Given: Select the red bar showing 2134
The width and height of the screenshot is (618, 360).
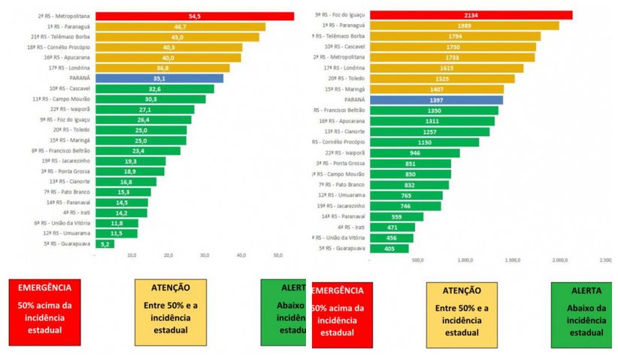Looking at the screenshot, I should click(471, 15).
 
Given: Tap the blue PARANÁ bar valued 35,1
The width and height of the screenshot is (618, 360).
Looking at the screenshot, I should click(159, 77).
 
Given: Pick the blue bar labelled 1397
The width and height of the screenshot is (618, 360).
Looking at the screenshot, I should click(437, 99).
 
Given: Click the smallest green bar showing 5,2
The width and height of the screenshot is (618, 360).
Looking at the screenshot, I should click(105, 244).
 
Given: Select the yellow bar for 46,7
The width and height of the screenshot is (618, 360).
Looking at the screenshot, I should click(180, 26).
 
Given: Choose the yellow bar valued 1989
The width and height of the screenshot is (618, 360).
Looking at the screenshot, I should click(465, 26).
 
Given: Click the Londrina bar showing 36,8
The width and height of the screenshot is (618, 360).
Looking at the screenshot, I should click(162, 68).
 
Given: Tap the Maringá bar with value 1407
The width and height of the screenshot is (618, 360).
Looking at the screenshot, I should click(438, 89).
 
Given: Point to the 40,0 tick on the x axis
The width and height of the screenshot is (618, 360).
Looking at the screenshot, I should click(241, 256).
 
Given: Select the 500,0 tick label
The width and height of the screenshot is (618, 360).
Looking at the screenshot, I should click(418, 262).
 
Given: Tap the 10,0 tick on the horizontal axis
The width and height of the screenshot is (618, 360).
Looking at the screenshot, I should click(132, 256).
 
